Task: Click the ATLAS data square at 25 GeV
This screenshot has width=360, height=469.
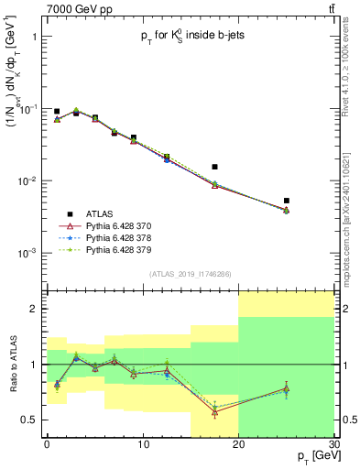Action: [287, 201]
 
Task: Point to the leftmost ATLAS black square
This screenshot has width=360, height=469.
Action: [57, 111]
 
